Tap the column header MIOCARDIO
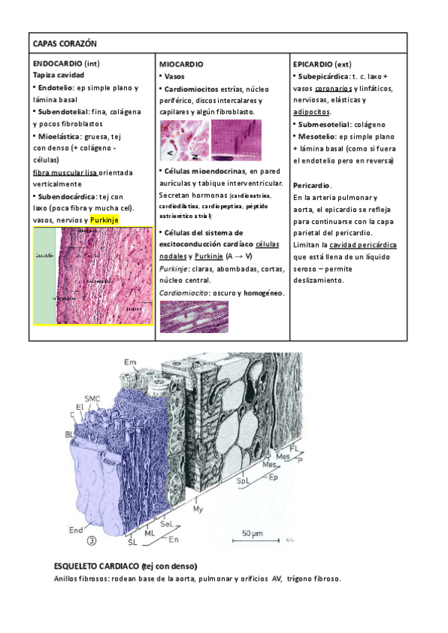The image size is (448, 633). [x=181, y=65]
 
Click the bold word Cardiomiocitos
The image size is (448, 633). [x=195, y=89]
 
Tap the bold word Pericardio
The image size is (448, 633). [x=312, y=184]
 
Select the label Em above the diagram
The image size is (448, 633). [x=131, y=363]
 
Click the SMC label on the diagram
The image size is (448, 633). [x=93, y=399]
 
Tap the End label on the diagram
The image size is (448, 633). [x=75, y=531]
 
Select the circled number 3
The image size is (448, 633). [x=92, y=541]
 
